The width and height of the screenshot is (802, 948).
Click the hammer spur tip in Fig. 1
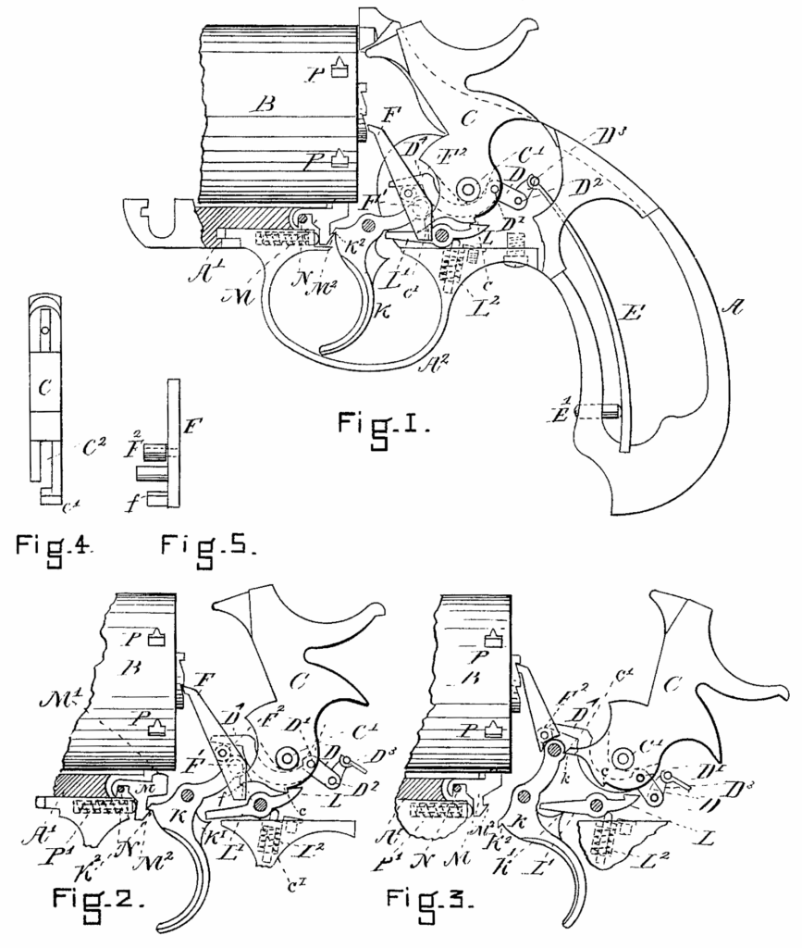coord(528,33)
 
